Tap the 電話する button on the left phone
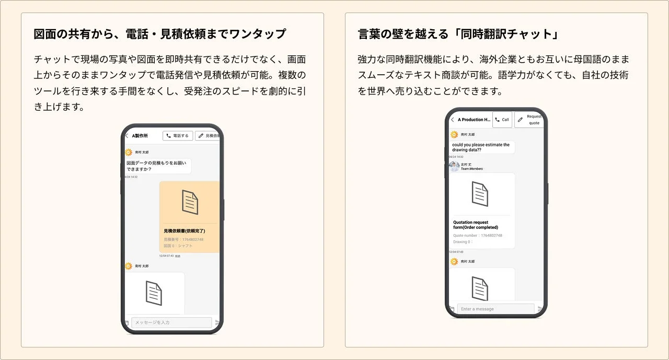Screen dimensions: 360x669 178,136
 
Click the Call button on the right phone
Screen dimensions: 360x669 502,120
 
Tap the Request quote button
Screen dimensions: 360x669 529,120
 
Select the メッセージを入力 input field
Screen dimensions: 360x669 171,322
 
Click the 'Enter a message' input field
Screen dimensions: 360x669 495,309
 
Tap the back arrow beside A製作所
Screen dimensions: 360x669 126,136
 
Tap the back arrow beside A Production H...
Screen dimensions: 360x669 453,120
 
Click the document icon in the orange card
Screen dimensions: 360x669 190,202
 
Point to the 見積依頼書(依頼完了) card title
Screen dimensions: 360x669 184,230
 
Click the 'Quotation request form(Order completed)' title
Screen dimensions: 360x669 476,225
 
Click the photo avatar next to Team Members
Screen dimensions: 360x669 454,166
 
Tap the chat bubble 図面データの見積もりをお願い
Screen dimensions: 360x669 158,166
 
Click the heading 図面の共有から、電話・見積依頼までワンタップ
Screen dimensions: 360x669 160,34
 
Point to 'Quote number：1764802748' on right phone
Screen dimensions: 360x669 478,236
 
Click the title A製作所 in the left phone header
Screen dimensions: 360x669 140,136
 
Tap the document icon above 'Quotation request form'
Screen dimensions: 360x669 480,193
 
